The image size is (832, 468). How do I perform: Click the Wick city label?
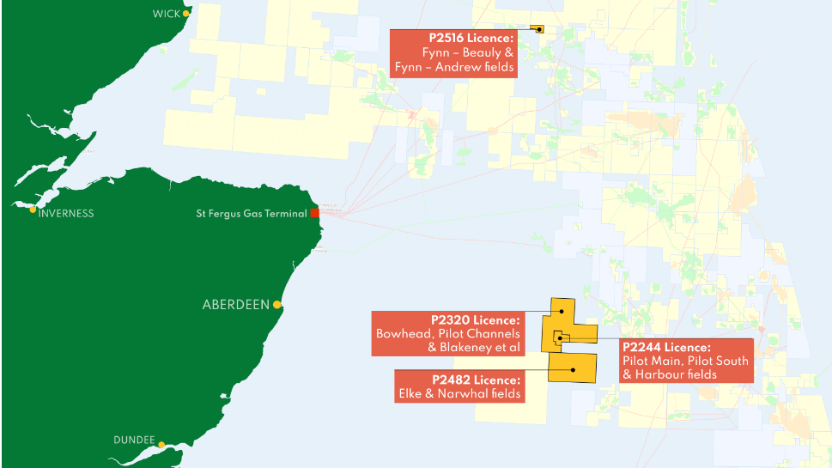point(167,14)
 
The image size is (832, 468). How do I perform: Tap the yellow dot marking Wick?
point(185,14)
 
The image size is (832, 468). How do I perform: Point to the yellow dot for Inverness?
point(33,210)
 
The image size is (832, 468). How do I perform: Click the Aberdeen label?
point(235,305)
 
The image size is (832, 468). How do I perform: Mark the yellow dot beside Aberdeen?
point(277,305)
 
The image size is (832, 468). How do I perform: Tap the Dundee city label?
point(134,441)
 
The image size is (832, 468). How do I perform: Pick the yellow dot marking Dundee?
point(161,444)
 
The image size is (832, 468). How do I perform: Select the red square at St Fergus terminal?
point(315,213)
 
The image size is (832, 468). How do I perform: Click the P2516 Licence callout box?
point(454,53)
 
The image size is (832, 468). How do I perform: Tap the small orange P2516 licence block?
point(537,29)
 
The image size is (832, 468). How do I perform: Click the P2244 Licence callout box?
point(685,362)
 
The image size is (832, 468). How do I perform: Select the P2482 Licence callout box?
point(458,386)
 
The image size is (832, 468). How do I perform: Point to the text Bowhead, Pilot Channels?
point(448,334)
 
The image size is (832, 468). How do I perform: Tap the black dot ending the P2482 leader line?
point(573,369)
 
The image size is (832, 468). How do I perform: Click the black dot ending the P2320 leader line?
point(562,311)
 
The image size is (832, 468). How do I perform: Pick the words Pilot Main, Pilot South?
point(685,362)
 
